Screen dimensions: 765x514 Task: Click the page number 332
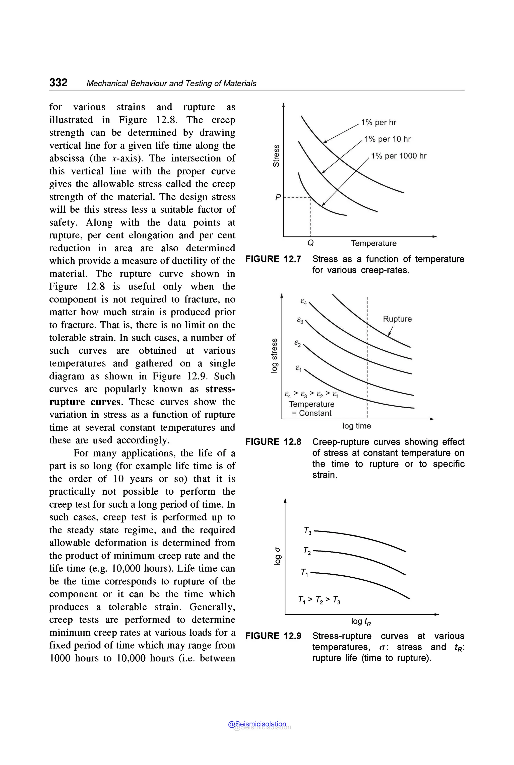click(58, 82)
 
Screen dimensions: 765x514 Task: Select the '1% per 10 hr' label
click(388, 139)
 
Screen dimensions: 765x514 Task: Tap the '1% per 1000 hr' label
click(398, 156)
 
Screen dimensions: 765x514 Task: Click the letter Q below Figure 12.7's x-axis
click(310, 243)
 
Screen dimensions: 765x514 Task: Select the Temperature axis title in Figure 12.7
click(374, 243)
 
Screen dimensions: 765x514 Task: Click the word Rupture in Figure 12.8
click(397, 319)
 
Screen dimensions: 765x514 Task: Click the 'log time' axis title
click(357, 426)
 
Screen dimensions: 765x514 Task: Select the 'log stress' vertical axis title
click(274, 355)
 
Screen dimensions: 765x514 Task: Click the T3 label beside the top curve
click(307, 530)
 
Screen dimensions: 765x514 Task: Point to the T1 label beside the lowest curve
click(304, 572)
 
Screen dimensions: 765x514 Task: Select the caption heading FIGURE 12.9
click(273, 636)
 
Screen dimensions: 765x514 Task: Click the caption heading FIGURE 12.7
click(273, 259)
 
